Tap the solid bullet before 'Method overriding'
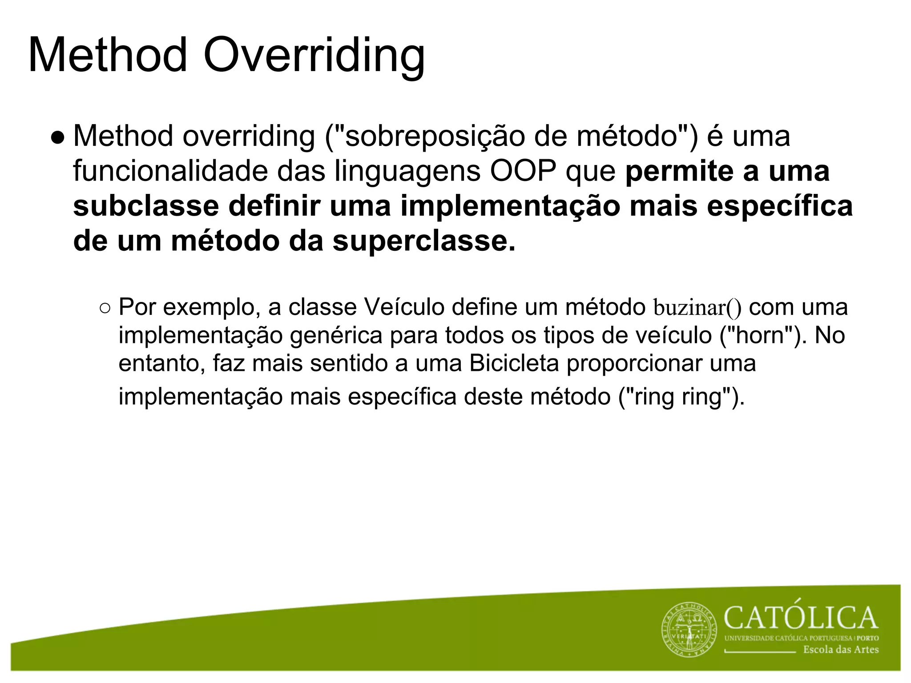tap(57, 137)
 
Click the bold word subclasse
tap(146, 206)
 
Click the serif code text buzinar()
tap(697, 308)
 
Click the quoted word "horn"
tap(763, 335)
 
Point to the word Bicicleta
tap(514, 363)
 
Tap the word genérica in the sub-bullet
tap(336, 335)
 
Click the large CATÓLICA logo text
tap(800, 618)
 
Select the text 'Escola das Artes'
tap(840, 650)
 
